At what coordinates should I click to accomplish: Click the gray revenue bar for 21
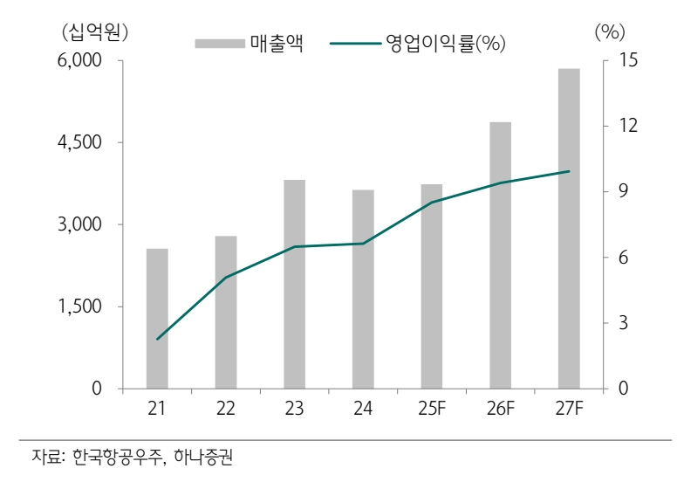point(157,319)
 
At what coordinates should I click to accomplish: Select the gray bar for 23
point(294,284)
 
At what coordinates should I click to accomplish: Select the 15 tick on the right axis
point(629,60)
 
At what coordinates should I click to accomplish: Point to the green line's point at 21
point(157,339)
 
